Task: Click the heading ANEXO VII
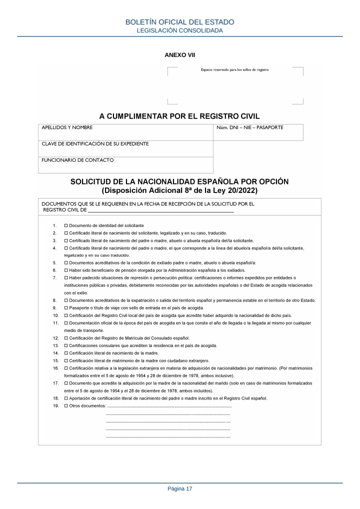click(x=179, y=55)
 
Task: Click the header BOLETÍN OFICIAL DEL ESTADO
click(x=179, y=22)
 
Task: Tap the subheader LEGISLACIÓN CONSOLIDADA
click(x=179, y=30)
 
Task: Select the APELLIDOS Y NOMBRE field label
click(x=67, y=128)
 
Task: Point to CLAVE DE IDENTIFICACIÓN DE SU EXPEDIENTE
click(x=95, y=144)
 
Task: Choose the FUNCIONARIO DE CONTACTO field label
click(x=77, y=160)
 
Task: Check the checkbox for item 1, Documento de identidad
click(x=66, y=226)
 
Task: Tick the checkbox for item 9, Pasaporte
click(x=66, y=308)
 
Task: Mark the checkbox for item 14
click(x=66, y=353)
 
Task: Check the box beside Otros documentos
click(x=66, y=405)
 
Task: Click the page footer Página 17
click(x=179, y=488)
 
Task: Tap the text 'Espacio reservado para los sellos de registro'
click(x=234, y=70)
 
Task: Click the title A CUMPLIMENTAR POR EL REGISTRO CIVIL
click(x=179, y=116)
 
